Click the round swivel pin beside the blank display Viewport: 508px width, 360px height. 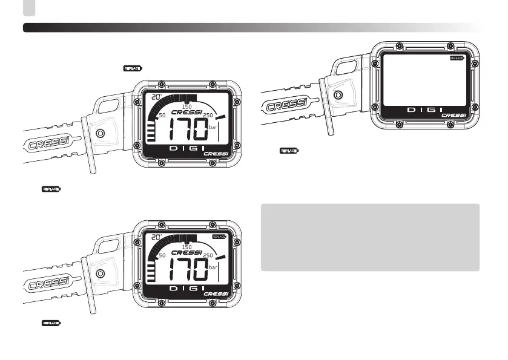pos(338,95)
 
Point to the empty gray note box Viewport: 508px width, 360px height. pos(369,237)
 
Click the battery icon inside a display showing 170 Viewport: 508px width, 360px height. pos(218,237)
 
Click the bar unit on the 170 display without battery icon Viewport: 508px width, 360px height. pos(213,128)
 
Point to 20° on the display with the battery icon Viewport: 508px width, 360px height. pos(157,237)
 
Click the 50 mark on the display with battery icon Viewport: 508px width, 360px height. pos(162,256)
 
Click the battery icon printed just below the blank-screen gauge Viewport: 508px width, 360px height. pos(289,149)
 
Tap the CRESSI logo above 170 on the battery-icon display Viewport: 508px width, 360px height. pos(186,252)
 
